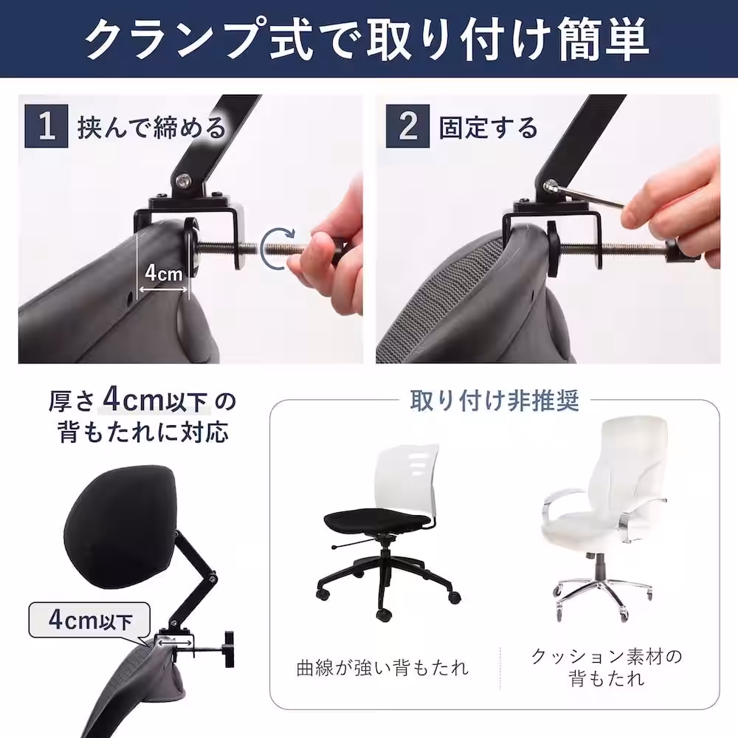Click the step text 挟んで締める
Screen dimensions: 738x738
point(151,128)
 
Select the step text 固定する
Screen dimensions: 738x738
point(489,128)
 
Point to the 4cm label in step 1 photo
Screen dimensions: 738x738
point(163,273)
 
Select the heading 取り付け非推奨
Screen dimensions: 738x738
point(494,401)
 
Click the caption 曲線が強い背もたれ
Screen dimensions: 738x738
point(382,669)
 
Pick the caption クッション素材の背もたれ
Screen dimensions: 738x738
point(606,666)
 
